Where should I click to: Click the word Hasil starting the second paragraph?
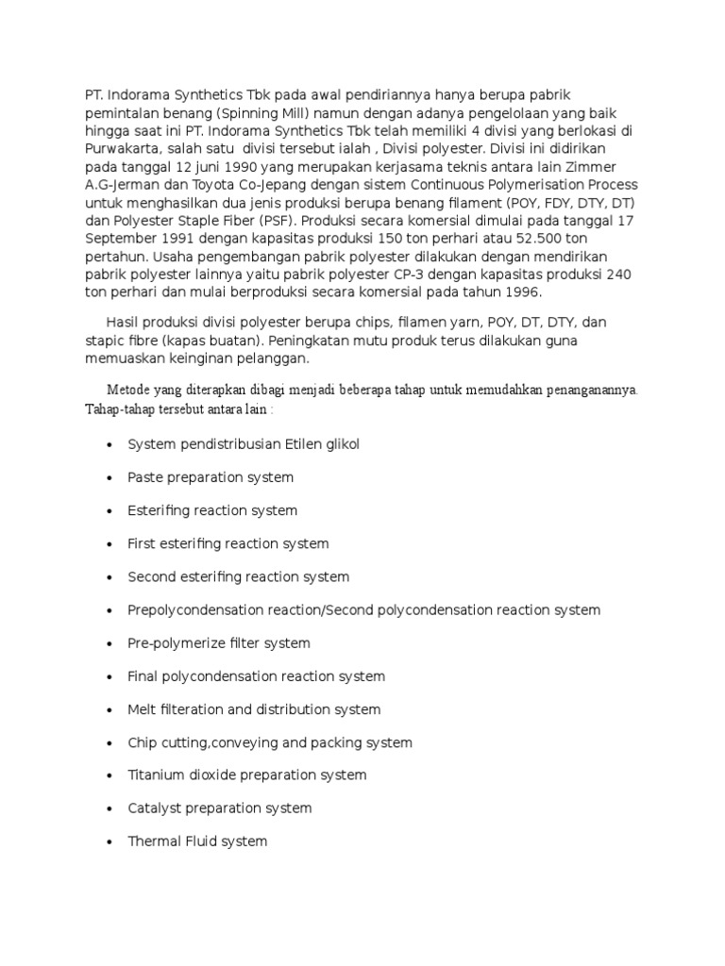[123, 323]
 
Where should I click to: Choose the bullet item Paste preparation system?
[211, 477]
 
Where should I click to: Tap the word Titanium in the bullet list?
[156, 774]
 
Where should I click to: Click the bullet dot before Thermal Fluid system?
[110, 841]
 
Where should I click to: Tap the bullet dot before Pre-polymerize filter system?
[110, 643]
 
